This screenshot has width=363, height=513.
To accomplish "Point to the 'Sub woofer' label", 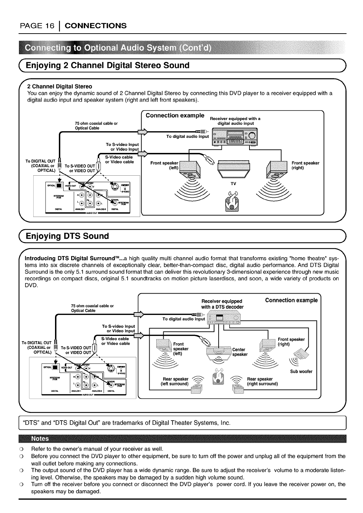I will click(x=301, y=372).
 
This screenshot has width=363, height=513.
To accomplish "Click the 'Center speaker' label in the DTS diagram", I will click(x=239, y=352).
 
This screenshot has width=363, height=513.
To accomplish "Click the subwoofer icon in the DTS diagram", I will click(x=302, y=357).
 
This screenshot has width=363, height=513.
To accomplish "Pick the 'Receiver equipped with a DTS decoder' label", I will click(x=222, y=304).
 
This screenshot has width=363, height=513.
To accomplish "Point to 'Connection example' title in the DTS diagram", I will click(x=291, y=300).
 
